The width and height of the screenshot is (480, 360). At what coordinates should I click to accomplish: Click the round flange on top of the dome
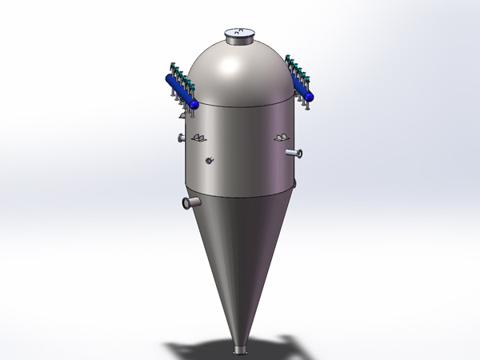click(x=240, y=34)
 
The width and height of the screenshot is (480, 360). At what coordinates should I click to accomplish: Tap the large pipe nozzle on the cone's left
click(x=190, y=203)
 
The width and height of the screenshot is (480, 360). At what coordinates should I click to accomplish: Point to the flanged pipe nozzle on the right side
click(x=295, y=153)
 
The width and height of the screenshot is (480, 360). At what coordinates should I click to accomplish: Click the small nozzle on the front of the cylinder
click(x=210, y=161)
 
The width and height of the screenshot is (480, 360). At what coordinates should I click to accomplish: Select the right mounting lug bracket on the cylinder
click(x=281, y=138)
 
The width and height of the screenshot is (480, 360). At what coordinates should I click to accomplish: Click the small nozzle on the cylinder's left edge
click(x=182, y=140)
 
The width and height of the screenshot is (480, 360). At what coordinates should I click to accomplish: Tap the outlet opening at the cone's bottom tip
click(x=240, y=350)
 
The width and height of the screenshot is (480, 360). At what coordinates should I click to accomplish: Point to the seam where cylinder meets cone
click(x=240, y=195)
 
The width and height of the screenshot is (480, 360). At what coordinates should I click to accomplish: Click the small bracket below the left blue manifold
click(x=180, y=114)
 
